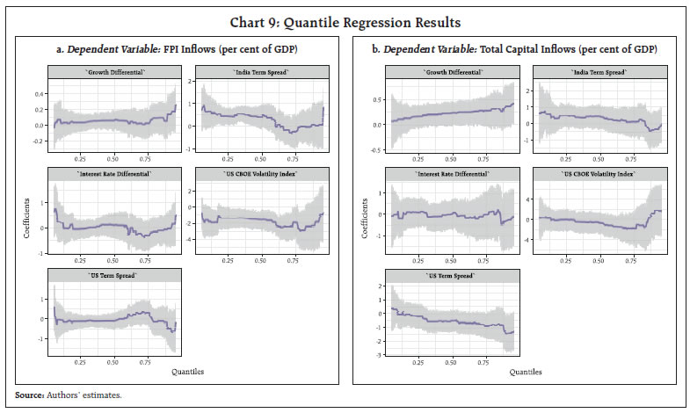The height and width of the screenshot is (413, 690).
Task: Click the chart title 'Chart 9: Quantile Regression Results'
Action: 345,21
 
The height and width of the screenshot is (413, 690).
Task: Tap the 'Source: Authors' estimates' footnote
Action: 69,395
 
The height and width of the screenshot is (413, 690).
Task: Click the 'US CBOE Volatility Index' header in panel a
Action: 261,174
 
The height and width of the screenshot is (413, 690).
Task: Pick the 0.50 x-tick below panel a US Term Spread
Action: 113,360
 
